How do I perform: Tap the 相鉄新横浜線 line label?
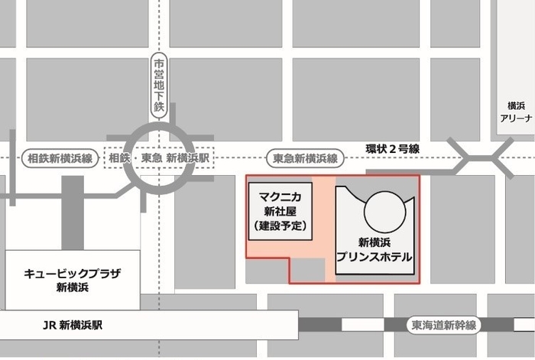(60, 158)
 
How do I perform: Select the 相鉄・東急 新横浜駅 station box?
(160, 158)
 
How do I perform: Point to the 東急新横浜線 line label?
(306, 158)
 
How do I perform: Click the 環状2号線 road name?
(392, 149)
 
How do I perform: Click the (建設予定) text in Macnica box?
(278, 226)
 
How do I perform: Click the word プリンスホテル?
(374, 257)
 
